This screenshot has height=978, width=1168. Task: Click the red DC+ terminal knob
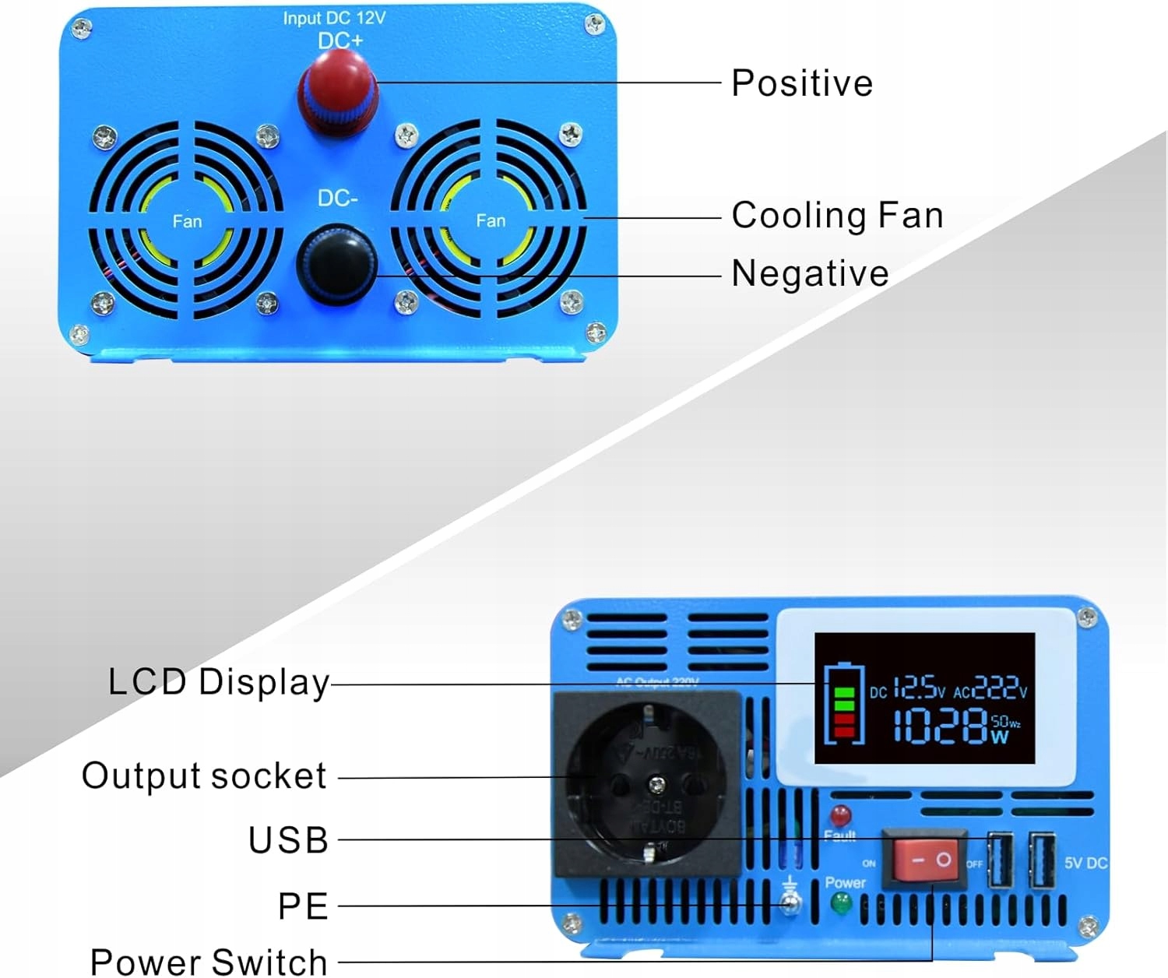coord(337,95)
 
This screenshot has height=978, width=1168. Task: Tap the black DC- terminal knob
coord(336,265)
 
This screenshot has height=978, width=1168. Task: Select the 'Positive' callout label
coord(802,83)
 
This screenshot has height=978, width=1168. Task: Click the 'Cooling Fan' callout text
coord(837,215)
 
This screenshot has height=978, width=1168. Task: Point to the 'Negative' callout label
coord(810,273)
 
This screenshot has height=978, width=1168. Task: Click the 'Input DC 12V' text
coord(334,18)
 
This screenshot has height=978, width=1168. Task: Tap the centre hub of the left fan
coord(187,221)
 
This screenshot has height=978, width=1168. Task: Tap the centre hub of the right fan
coord(491,220)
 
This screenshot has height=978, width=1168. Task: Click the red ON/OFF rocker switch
coord(925,860)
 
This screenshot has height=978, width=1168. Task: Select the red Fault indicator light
coord(840,815)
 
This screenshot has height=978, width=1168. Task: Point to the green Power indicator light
coord(841,903)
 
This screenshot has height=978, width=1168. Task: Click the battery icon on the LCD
coord(844,703)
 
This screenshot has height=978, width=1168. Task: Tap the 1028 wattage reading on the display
coord(941,726)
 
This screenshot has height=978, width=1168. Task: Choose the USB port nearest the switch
coord(1000,860)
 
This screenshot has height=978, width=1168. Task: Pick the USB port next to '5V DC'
coord(1042,860)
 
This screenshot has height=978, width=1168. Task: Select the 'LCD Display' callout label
coord(219,682)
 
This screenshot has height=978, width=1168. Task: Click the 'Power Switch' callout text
coord(209,962)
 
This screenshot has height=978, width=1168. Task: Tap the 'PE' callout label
coord(303,906)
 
